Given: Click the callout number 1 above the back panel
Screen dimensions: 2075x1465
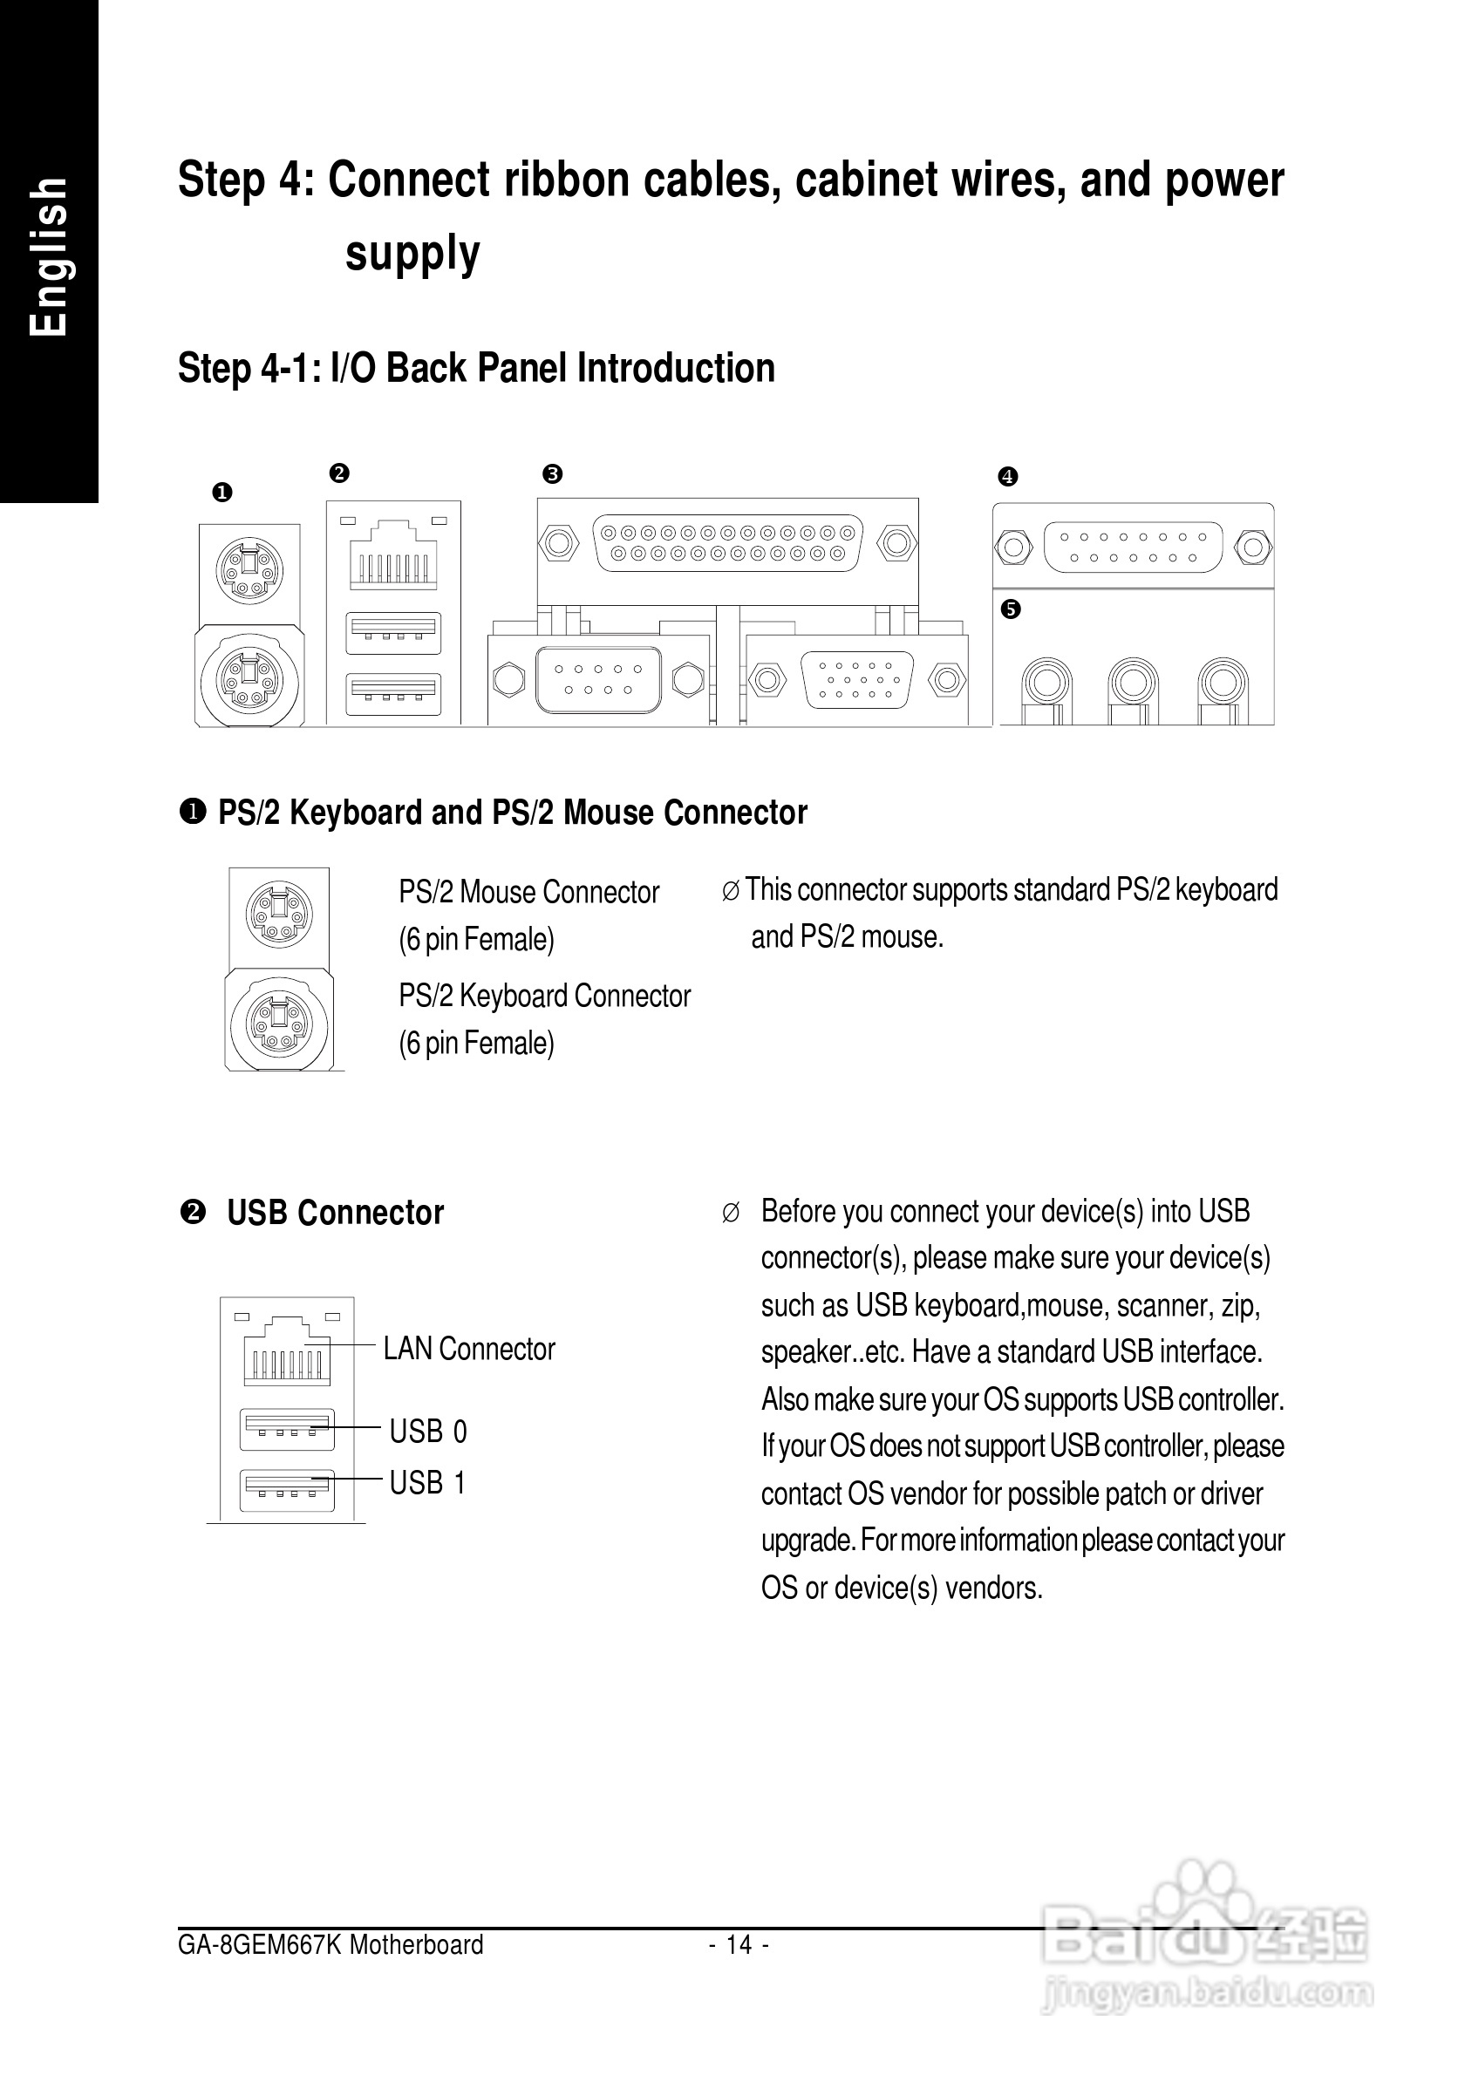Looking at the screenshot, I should (x=222, y=493).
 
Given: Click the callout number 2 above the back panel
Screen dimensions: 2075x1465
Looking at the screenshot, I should (x=339, y=473).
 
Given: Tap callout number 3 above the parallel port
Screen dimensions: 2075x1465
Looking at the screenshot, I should (x=552, y=473).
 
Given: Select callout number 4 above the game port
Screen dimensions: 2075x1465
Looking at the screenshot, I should (x=1008, y=476).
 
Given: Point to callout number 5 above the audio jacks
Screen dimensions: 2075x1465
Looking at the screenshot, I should (x=1011, y=609).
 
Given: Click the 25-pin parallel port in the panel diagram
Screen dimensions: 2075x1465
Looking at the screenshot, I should (x=726, y=542).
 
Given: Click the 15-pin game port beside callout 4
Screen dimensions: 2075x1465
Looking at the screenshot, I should (x=1133, y=547).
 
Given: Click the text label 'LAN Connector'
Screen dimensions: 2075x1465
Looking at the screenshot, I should (x=469, y=1350).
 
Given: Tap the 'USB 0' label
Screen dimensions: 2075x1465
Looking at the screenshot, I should (x=427, y=1432).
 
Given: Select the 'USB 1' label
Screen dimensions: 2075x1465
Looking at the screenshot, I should (x=427, y=1483).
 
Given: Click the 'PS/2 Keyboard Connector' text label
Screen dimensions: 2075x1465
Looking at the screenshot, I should (x=544, y=996).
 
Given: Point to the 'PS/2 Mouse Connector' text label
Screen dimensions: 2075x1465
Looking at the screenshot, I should (x=528, y=892).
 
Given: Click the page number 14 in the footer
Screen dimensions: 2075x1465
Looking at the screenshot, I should (x=739, y=1945).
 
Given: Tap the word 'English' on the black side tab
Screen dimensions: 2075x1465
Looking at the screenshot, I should (x=49, y=257).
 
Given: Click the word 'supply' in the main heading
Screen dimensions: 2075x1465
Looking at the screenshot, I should (x=412, y=253).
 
